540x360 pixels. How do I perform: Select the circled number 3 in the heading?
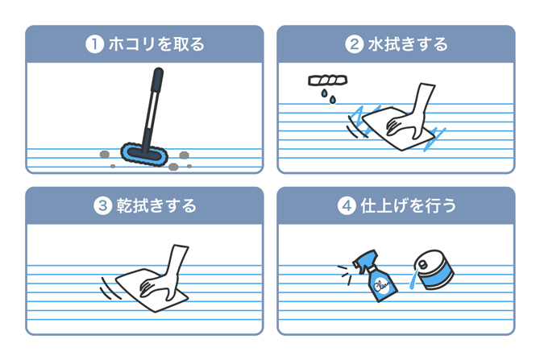coord(102,206)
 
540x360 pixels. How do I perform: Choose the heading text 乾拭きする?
coord(157,206)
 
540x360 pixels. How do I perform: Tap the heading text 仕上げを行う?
coord(407,206)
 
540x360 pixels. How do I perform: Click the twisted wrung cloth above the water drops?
coord(326,81)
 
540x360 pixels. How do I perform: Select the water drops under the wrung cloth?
coord(326,97)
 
